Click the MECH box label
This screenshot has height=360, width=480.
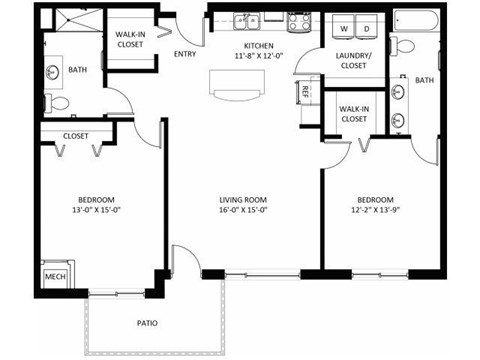(x=55, y=274)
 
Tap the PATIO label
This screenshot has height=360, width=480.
(x=147, y=323)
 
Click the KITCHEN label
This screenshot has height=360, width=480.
(x=258, y=46)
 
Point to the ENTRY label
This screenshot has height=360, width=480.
(x=184, y=54)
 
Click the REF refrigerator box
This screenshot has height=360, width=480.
(x=306, y=92)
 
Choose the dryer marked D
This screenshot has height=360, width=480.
(x=367, y=28)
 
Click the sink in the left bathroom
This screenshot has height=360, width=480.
(x=52, y=72)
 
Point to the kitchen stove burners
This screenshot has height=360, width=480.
(x=299, y=20)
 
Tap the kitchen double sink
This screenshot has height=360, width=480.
(x=246, y=20)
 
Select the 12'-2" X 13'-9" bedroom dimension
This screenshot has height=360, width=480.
(x=375, y=211)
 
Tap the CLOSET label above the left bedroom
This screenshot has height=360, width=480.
(x=76, y=136)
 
